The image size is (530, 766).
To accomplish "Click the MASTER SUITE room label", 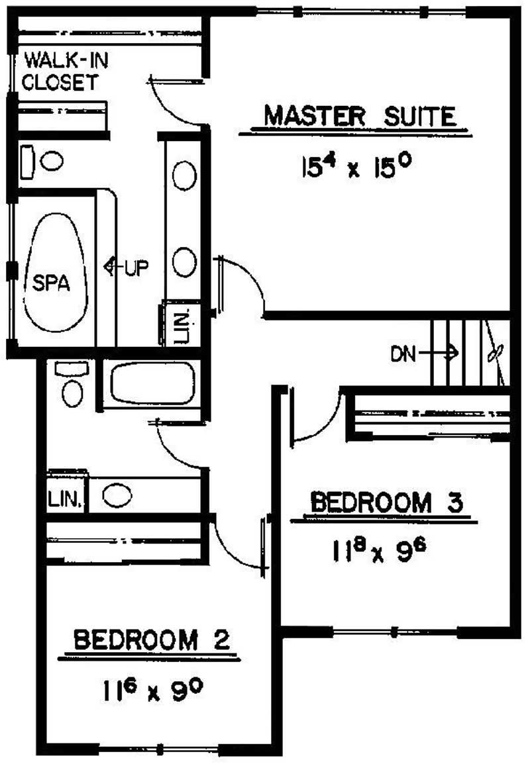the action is pyautogui.click(x=360, y=116).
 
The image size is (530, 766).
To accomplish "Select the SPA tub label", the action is pyautogui.click(x=51, y=283).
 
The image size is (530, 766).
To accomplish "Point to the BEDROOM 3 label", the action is pyautogui.click(x=386, y=503).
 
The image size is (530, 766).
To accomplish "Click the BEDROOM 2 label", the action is pyautogui.click(x=152, y=640).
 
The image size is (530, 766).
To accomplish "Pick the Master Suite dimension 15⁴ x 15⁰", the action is pyautogui.click(x=355, y=168).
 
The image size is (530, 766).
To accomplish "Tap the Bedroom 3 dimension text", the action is pyautogui.click(x=379, y=551).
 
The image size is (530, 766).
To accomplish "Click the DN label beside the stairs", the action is pyautogui.click(x=403, y=354).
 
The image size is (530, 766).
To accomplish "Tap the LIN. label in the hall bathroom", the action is pyautogui.click(x=64, y=499).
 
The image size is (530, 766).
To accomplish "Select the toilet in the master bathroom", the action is pyautogui.click(x=41, y=162).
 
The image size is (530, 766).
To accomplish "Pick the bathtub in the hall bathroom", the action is pyautogui.click(x=153, y=383).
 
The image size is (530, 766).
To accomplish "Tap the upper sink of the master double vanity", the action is pyautogui.click(x=185, y=175).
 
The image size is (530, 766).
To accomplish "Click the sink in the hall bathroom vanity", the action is pyautogui.click(x=117, y=496).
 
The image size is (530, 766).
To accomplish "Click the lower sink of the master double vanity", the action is pyautogui.click(x=185, y=262).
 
